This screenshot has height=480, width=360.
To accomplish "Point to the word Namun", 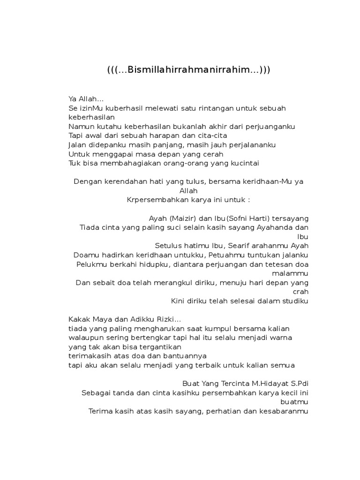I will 81,127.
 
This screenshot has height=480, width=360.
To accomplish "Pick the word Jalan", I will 78,145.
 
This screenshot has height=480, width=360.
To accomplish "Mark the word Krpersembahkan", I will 157,200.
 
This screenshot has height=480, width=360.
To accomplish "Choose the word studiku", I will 294,301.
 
